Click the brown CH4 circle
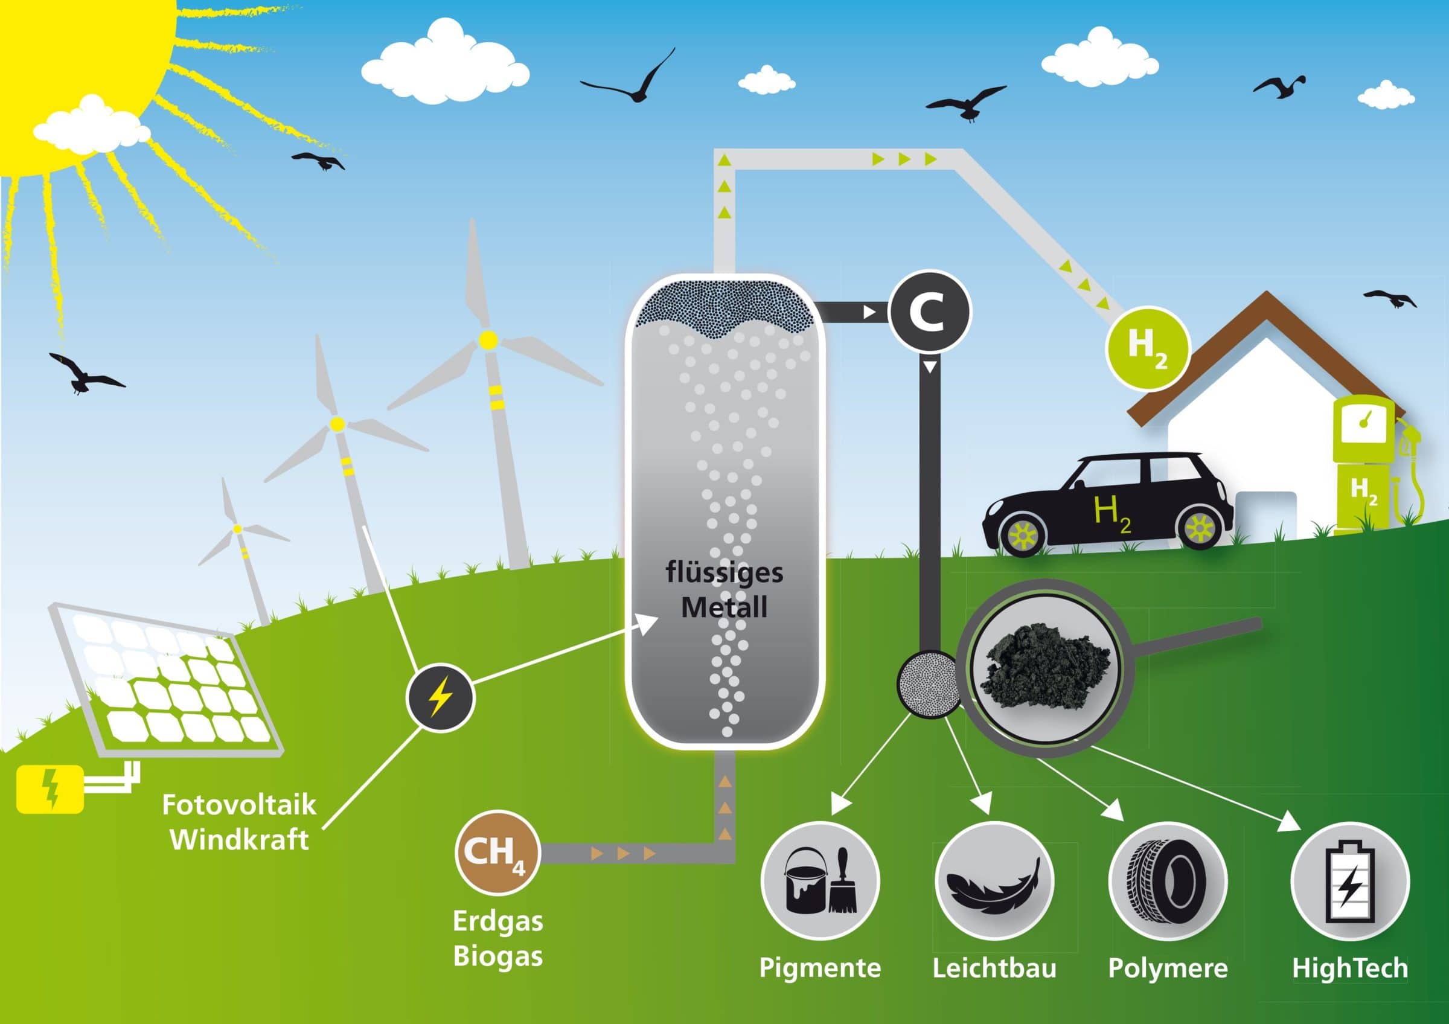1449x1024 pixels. [498, 853]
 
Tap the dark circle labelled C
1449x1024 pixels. [929, 312]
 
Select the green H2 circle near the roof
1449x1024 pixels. [1148, 349]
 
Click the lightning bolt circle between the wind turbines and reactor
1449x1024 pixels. [440, 698]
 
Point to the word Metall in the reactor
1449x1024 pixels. [724, 607]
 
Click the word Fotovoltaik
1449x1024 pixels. [239, 805]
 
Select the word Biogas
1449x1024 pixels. [498, 956]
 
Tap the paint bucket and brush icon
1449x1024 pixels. [819, 881]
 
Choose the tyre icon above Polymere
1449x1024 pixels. [1168, 881]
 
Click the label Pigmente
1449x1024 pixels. [819, 968]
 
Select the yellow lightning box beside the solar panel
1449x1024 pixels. [50, 789]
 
